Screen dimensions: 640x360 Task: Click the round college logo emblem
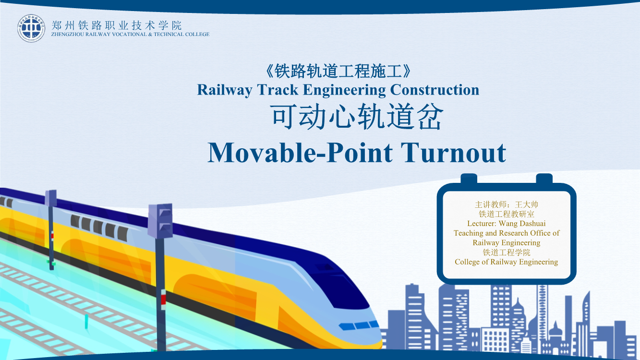click(x=31, y=28)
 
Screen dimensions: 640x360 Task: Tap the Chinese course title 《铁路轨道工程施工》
click(x=338, y=71)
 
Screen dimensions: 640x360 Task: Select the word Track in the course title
click(x=278, y=90)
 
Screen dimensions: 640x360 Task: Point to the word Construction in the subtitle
click(x=435, y=90)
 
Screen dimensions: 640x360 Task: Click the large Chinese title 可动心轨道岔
click(x=357, y=117)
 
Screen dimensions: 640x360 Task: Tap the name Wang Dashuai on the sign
click(x=522, y=223)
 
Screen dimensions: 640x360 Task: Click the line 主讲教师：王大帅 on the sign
click(x=506, y=204)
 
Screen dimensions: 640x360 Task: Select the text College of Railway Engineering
click(x=506, y=262)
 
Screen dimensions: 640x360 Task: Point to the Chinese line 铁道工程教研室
click(x=506, y=214)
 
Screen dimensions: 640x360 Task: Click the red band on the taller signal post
click(x=163, y=300)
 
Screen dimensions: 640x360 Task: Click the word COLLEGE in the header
click(x=197, y=34)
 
